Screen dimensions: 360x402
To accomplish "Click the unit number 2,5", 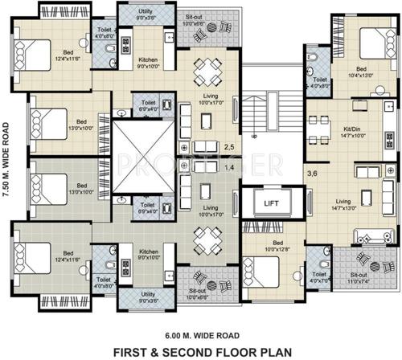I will (x=228, y=148).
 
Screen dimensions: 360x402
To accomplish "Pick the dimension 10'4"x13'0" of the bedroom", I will (x=361, y=76).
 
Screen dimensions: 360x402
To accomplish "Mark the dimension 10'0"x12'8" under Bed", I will (x=277, y=248).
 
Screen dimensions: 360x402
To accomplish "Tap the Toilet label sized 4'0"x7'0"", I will (x=318, y=277).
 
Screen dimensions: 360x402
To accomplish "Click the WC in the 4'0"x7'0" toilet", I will (x=322, y=264).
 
